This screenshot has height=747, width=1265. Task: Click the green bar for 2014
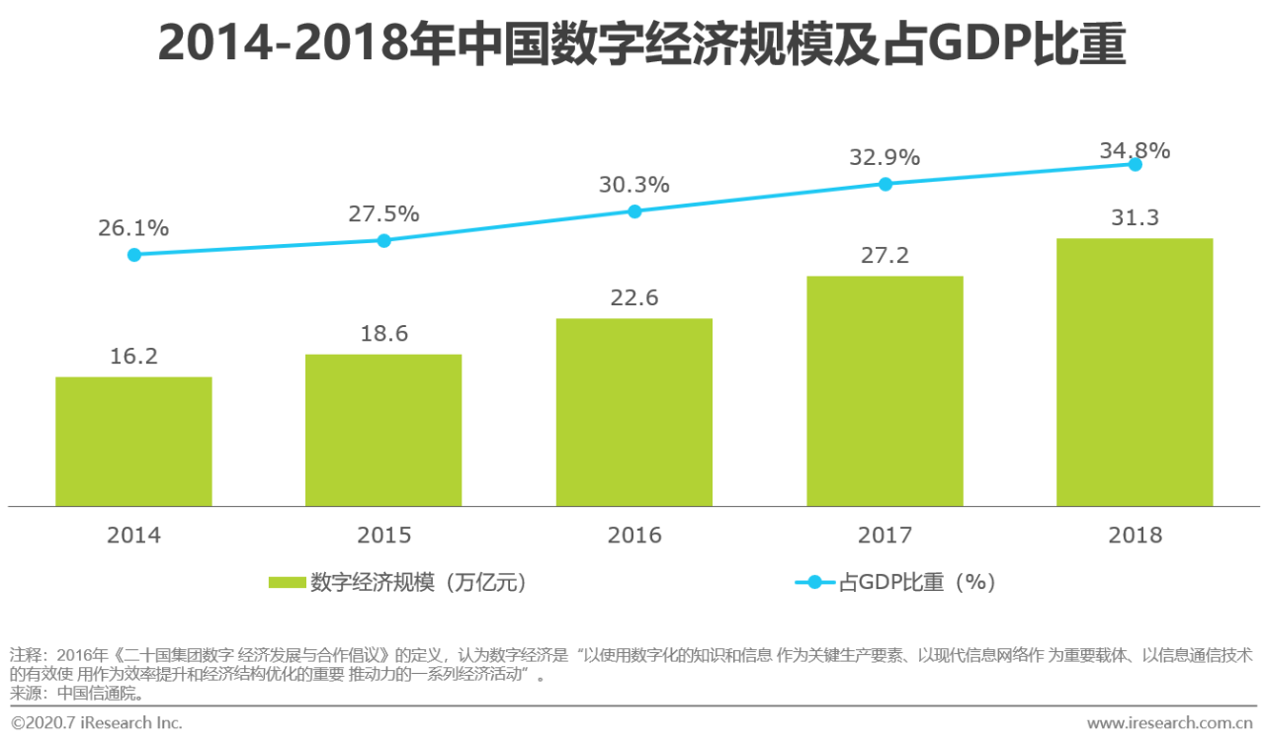coord(133,442)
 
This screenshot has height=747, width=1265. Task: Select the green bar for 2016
coord(634,412)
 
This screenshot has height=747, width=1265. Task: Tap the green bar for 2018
coord(1135,373)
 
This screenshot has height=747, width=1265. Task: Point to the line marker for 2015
coord(384,240)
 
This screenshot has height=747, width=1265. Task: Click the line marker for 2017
coord(885,184)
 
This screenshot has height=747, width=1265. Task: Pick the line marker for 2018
coord(1136,164)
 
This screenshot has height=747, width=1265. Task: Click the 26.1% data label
coord(133,228)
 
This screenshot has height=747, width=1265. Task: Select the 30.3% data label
coord(634,185)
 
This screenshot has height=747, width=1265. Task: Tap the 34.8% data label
coord(1135,151)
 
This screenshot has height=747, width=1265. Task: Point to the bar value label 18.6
coord(383,334)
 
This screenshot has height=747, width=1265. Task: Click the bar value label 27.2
coord(885,256)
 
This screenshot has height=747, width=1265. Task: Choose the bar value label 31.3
coord(1135,218)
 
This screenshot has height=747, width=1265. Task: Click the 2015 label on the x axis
coord(383,536)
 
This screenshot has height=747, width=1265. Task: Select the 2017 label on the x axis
coord(885,536)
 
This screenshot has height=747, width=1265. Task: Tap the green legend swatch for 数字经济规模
coord(287,583)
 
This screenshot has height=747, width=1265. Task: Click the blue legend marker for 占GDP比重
coord(814,583)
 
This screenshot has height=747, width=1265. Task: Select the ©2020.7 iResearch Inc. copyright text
coord(97,723)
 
